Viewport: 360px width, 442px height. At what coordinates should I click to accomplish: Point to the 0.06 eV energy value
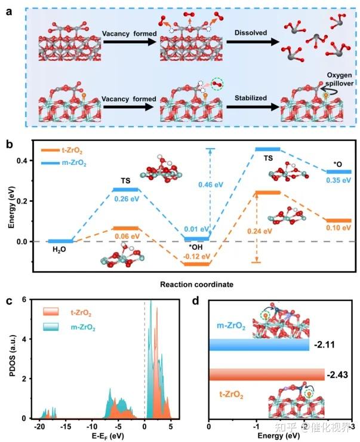point(125,237)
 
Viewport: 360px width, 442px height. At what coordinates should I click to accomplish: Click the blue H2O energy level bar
point(60,241)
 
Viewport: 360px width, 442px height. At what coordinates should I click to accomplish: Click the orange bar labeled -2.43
point(266,375)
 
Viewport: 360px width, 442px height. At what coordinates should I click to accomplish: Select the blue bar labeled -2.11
point(259,346)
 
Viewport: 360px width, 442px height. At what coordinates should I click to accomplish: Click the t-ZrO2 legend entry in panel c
point(79,312)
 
